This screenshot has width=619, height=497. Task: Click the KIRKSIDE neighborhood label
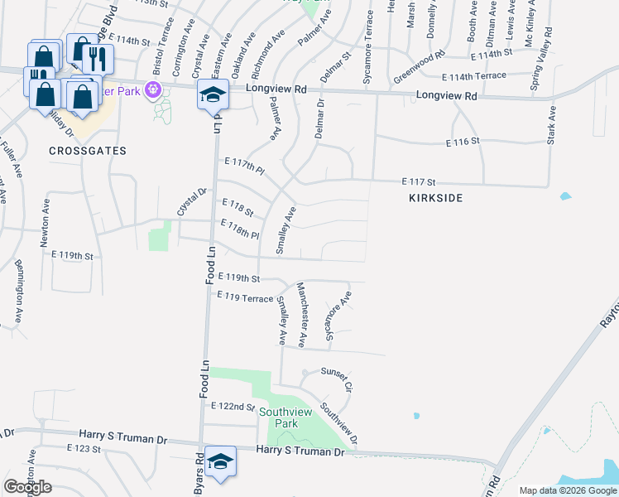[x=434, y=198]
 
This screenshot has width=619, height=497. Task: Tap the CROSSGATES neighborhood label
[x=87, y=151]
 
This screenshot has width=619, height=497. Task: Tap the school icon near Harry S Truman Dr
[x=220, y=462]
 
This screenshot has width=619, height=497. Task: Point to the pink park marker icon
[x=152, y=89]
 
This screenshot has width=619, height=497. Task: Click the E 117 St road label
[x=419, y=181]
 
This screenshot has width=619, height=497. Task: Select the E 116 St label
[x=463, y=142]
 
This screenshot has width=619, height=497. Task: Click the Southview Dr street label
[x=338, y=422]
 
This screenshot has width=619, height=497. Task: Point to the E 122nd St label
[x=233, y=407]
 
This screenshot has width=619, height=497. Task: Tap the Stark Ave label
[x=551, y=127]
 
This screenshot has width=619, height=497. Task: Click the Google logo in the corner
[x=28, y=486]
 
